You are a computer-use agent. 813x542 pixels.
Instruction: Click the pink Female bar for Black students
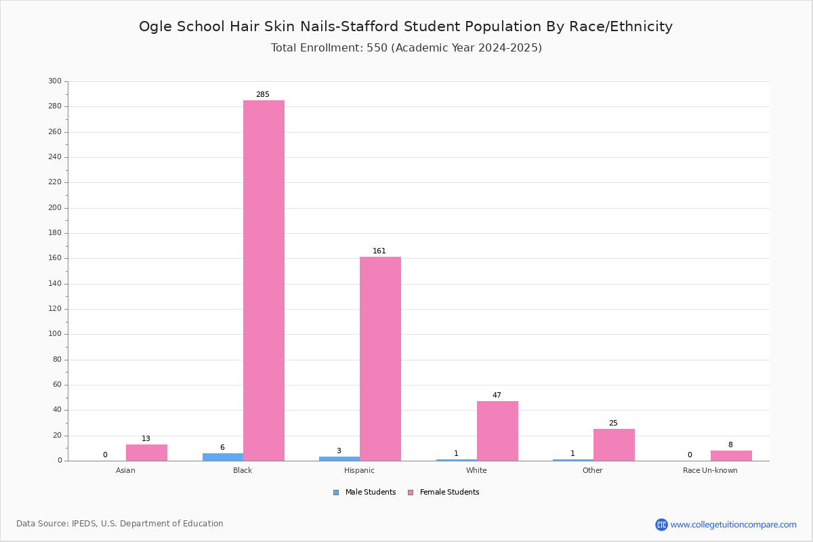tap(264, 280)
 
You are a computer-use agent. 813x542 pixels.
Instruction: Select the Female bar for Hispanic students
tap(380, 359)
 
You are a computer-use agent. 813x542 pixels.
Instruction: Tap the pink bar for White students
tap(497, 431)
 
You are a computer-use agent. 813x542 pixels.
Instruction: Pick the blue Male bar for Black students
tap(223, 457)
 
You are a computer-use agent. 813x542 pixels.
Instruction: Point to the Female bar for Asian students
tap(146, 453)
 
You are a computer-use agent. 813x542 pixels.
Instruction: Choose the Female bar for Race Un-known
tap(731, 455)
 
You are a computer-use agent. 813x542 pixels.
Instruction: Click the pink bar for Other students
tap(614, 445)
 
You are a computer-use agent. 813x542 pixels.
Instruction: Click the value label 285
tap(263, 94)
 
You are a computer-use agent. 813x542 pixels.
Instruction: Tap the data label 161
tap(379, 251)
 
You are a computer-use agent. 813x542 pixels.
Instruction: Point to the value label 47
tap(497, 395)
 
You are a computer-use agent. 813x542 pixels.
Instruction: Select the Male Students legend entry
tap(364, 493)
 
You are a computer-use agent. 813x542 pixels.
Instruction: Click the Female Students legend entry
tap(444, 493)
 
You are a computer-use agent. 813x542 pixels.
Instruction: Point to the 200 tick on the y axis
tap(55, 207)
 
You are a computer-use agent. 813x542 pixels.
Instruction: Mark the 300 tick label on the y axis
tap(55, 81)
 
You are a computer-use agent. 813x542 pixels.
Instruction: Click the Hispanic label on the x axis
tap(359, 470)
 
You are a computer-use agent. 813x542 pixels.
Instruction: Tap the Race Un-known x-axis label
tap(710, 470)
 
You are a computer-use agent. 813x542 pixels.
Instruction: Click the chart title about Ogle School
tap(406, 26)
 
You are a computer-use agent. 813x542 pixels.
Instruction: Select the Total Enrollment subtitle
tap(406, 48)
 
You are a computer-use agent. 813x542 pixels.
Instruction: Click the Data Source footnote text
tap(120, 524)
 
